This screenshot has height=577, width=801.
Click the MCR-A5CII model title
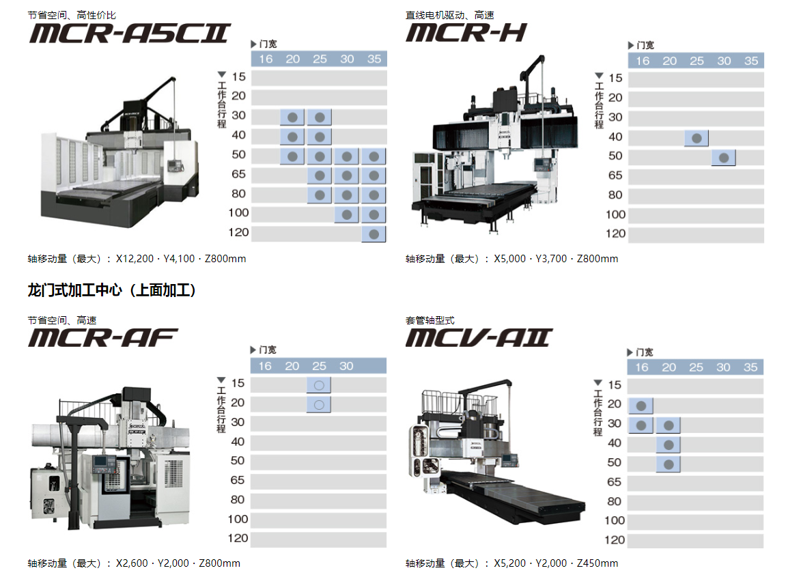(x=130, y=33)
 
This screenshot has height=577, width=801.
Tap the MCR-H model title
(x=466, y=33)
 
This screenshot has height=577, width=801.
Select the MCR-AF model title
(x=102, y=338)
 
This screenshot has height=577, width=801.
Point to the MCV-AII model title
(x=479, y=338)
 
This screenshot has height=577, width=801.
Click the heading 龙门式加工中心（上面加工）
(x=111, y=290)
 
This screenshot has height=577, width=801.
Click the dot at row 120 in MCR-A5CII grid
(x=374, y=234)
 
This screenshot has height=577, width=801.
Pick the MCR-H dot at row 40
(x=697, y=139)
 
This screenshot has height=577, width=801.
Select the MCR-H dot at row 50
(x=723, y=158)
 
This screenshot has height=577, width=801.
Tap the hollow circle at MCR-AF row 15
(x=319, y=386)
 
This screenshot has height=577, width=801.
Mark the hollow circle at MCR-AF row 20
(x=319, y=405)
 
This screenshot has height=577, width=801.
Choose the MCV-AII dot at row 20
(x=641, y=406)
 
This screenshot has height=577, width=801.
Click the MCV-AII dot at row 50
(x=668, y=464)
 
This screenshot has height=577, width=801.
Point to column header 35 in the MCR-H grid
(x=751, y=61)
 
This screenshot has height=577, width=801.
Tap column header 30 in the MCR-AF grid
(x=346, y=366)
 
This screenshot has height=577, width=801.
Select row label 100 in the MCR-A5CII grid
(x=238, y=213)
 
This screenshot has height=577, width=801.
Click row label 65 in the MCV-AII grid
(x=614, y=482)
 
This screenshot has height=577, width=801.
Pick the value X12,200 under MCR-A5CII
(x=135, y=259)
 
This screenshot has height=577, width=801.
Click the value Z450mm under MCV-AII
(x=598, y=563)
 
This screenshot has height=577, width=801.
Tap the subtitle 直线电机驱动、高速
(x=449, y=15)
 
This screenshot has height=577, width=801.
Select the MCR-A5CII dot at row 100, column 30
(x=347, y=215)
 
